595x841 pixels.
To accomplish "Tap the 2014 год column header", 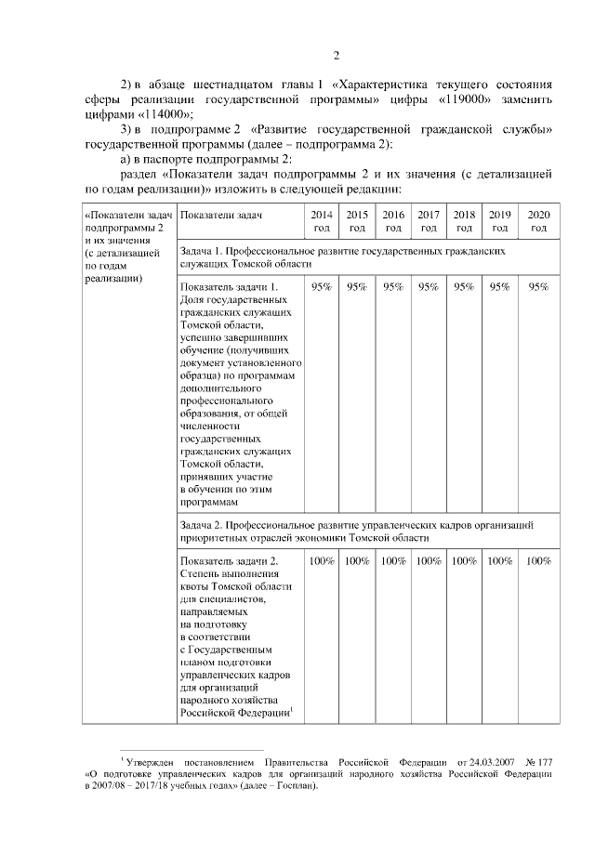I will pyautogui.click(x=322, y=221).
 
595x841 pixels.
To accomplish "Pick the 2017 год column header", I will pyautogui.click(x=429, y=221).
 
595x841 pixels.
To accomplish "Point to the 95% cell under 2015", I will pyautogui.click(x=357, y=287).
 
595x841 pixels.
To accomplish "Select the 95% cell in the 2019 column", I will pyautogui.click(x=499, y=287).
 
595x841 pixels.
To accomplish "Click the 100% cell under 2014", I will pyautogui.click(x=322, y=561).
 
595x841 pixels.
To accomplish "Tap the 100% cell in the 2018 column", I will pyautogui.click(x=464, y=561).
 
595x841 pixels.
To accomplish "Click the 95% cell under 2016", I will pyautogui.click(x=393, y=287).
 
